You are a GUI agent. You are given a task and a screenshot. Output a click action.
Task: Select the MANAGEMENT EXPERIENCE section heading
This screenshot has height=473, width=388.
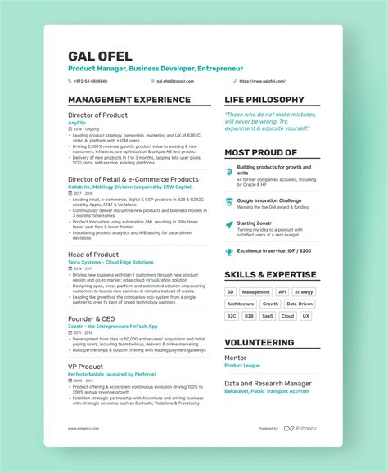[x=129, y=100]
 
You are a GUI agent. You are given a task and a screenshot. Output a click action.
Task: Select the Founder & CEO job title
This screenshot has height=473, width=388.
[x=92, y=318]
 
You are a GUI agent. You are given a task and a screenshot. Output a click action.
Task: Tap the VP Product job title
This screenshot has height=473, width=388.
[x=85, y=367]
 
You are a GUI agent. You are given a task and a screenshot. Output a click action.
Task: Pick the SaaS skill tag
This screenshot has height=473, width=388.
[x=268, y=315]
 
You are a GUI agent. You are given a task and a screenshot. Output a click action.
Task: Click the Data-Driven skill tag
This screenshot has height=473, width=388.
[x=300, y=304]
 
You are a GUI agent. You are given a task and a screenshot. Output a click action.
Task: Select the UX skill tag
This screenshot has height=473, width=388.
[x=305, y=315]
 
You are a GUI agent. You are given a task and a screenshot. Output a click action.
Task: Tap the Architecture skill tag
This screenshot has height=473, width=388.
[x=240, y=304]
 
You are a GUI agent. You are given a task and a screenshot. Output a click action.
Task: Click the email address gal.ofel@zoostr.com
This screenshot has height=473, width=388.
[x=178, y=81]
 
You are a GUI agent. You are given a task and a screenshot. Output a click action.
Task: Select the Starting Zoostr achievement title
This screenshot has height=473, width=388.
[x=255, y=223]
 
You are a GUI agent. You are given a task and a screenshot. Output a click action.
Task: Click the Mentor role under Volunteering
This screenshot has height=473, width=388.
[x=235, y=358]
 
